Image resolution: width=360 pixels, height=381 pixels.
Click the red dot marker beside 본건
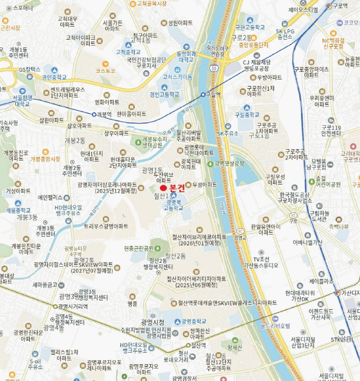point(164,188)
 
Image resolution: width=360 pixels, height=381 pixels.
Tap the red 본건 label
point(177,188)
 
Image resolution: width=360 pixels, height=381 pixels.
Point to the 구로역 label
point(340,5)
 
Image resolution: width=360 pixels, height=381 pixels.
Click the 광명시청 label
point(152,321)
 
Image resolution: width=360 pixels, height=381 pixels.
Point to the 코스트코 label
point(105,71)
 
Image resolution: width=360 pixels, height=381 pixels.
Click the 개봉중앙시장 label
point(45,159)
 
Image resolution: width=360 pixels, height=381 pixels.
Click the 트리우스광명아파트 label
point(105,226)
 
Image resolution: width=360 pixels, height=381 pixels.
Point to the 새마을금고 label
point(45,285)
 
